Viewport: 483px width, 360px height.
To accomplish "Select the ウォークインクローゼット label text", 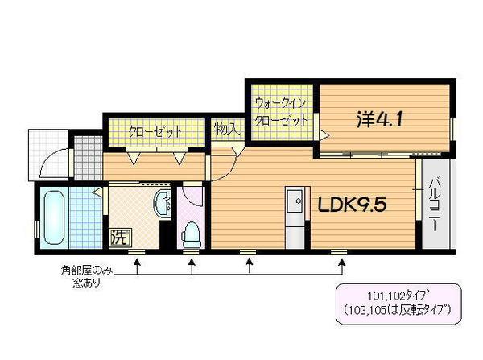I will pos(281,112).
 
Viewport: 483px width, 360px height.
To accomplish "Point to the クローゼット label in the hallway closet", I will pos(156,131).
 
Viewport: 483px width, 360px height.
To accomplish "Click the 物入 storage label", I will pos(225,129).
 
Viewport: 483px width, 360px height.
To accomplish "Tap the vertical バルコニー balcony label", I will pos(435,205).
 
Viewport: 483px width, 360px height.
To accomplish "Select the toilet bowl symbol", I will pos(192,234).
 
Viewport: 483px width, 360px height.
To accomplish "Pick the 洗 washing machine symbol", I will pos(118,238).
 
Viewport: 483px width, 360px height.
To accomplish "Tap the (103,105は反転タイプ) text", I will pos(395,308).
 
